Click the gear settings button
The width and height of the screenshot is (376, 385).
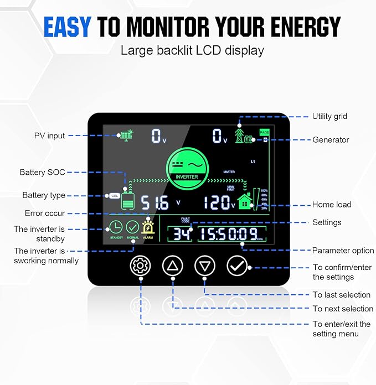tap(140, 266)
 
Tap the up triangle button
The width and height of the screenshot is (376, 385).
tap(172, 266)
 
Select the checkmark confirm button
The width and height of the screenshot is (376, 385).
tap(236, 266)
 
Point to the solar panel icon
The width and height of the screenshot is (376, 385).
tap(126, 136)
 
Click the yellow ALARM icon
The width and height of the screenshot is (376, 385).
tap(148, 227)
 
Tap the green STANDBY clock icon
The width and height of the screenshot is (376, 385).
tap(116, 227)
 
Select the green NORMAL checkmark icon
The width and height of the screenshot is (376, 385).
tap(132, 227)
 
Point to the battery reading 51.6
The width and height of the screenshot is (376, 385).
tap(154, 203)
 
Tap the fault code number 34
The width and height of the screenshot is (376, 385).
tap(182, 234)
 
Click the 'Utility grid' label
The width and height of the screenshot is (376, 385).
tap(329, 117)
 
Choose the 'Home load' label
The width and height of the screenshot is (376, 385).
tap(332, 205)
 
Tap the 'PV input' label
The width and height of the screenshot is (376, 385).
tap(49, 136)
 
